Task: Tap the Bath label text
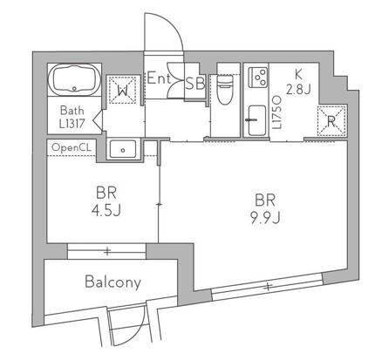tap(72, 111)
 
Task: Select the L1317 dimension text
tap(72, 124)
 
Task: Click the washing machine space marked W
tap(122, 90)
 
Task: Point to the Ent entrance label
tap(159, 78)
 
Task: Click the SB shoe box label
tap(195, 84)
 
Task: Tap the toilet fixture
tap(225, 90)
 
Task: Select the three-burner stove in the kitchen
tap(258, 77)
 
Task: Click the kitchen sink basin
tap(257, 120)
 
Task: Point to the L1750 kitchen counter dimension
tap(277, 112)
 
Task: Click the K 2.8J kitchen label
tap(298, 82)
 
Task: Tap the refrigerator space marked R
tap(331, 121)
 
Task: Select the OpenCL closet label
tap(72, 148)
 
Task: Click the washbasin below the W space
tap(123, 149)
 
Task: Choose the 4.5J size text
tap(106, 211)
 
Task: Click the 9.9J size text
tap(265, 218)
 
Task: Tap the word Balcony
tap(112, 282)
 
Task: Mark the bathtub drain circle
tap(74, 88)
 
